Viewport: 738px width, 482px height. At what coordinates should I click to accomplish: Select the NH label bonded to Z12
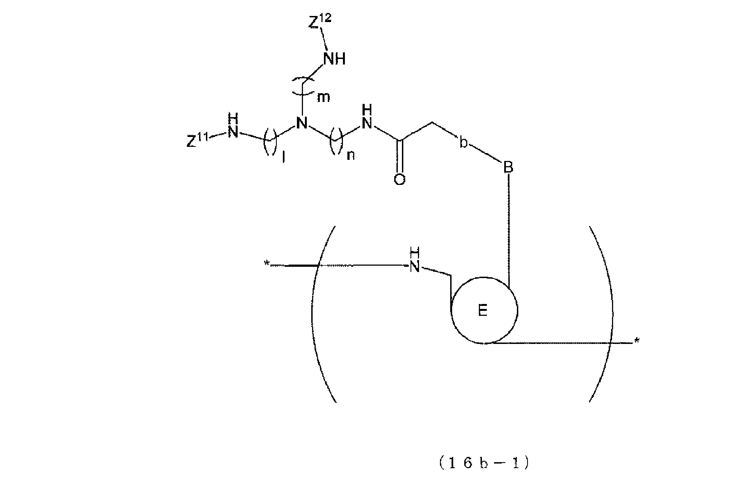point(334,59)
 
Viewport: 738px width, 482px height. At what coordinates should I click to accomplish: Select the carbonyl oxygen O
point(399,179)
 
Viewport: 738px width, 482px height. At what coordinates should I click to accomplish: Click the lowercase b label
point(463,142)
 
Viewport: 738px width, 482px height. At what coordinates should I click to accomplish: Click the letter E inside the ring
point(483,310)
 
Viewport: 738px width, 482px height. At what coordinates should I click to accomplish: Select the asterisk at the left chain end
point(266,263)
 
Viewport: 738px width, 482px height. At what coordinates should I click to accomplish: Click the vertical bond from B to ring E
point(509,229)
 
